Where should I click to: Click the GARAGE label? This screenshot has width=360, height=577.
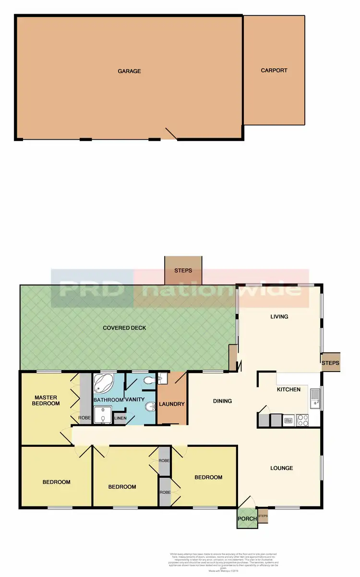(x=129, y=71)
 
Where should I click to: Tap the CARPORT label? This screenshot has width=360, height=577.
(x=274, y=70)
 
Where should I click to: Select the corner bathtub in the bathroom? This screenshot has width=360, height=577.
(x=103, y=383)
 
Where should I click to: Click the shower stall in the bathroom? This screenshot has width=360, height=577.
(x=102, y=416)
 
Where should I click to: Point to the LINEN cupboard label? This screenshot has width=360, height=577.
(x=120, y=418)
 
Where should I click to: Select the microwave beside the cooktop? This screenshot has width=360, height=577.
(x=289, y=421)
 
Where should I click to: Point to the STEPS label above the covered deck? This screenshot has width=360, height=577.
(x=183, y=271)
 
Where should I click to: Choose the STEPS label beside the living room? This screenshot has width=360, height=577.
(x=331, y=362)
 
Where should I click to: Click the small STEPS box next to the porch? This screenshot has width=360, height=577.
(x=263, y=517)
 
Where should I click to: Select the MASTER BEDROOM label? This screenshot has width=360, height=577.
(x=46, y=400)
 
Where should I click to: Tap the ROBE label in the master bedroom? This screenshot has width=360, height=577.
(x=84, y=418)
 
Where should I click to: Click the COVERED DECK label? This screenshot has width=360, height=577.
(x=124, y=328)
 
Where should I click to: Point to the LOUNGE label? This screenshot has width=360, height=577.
(x=281, y=468)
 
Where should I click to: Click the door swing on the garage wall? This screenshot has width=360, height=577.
(x=170, y=133)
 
